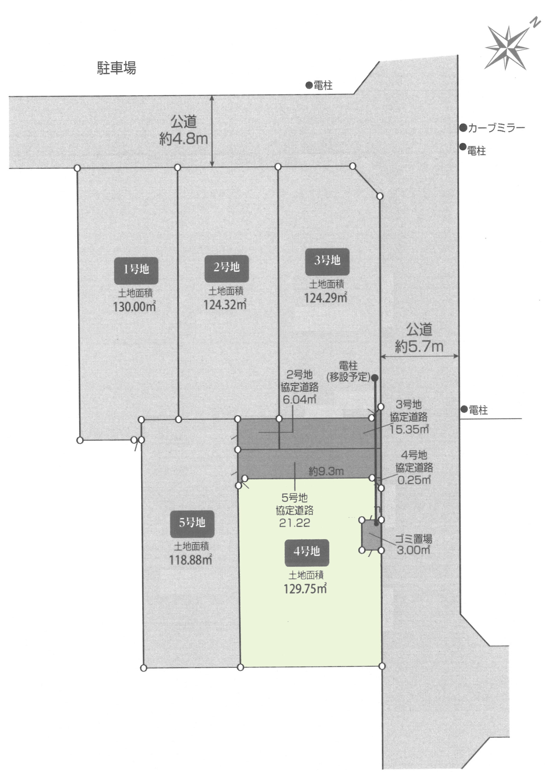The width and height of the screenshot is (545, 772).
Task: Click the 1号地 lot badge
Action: (136, 270)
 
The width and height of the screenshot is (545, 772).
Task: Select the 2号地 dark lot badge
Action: (227, 268)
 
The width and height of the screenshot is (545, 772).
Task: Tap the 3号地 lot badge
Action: (327, 261)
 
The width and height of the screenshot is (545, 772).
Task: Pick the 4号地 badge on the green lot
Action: (307, 553)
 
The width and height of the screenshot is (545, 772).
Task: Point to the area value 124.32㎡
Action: (225, 304)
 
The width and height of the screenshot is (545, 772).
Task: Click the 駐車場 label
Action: (117, 68)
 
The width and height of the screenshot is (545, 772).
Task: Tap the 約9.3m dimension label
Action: (326, 471)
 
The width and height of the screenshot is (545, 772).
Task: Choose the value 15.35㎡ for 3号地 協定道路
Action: (410, 429)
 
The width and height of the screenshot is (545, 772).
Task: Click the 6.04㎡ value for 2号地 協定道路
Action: (299, 399)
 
